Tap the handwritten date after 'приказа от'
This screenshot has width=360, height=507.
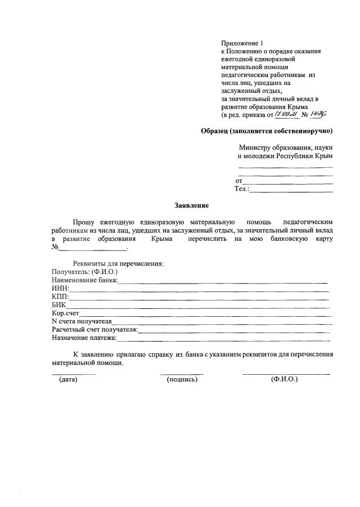point(286,114)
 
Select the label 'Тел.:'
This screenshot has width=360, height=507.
point(242,189)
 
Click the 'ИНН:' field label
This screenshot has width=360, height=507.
point(60,289)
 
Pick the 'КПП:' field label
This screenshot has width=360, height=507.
point(60,297)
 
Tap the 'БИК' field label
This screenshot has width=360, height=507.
point(58,305)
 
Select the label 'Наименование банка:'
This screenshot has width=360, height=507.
point(84,280)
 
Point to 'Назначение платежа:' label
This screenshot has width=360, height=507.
point(84,338)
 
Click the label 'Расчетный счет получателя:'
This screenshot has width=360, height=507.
point(94,330)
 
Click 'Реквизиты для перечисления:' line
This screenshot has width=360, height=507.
point(118,263)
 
